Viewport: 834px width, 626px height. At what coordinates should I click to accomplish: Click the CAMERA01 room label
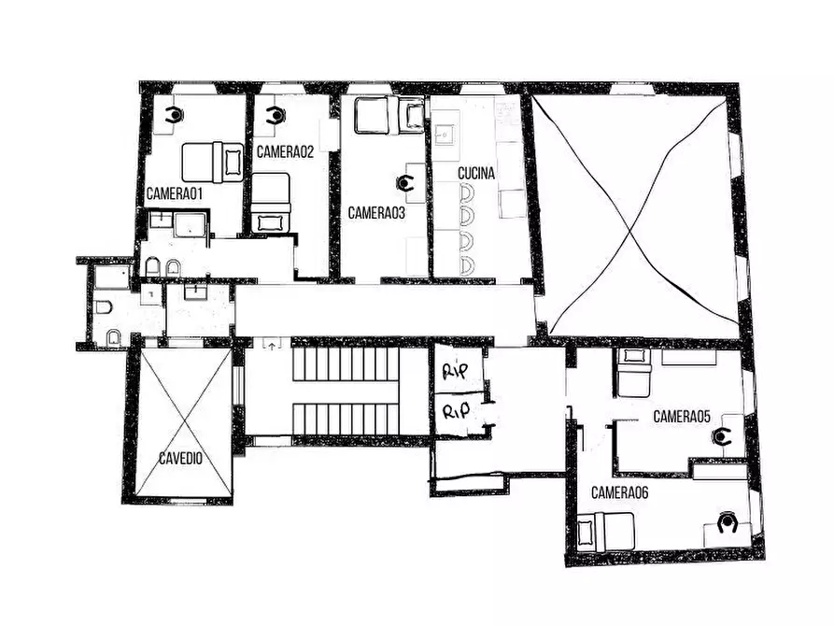click(175, 193)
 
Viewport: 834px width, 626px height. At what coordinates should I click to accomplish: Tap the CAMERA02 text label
click(285, 151)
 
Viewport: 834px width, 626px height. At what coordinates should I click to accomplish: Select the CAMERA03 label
click(376, 213)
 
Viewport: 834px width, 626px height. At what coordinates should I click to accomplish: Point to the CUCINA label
click(476, 173)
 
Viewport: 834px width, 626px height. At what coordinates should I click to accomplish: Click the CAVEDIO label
click(181, 458)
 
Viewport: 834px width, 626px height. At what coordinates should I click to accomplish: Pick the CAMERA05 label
click(682, 417)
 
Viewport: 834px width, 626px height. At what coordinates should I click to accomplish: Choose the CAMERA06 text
click(619, 493)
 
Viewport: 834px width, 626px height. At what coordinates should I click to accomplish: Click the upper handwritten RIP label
click(456, 371)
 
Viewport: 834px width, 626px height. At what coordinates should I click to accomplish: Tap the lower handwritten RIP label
click(457, 410)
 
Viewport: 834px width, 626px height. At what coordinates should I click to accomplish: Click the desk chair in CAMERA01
click(174, 115)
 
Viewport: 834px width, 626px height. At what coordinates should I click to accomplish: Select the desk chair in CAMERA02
click(276, 115)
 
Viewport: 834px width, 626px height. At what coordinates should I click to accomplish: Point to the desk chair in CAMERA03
click(405, 183)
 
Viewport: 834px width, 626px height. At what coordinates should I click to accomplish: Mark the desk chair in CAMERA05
click(721, 436)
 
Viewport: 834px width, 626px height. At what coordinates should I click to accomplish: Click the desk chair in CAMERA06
click(727, 522)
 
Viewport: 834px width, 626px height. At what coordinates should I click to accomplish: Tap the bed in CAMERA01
click(213, 163)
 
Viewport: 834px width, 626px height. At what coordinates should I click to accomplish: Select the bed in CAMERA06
click(605, 532)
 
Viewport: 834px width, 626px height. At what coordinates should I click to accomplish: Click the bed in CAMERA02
click(271, 203)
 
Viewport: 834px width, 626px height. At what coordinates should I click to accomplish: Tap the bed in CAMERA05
click(633, 373)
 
